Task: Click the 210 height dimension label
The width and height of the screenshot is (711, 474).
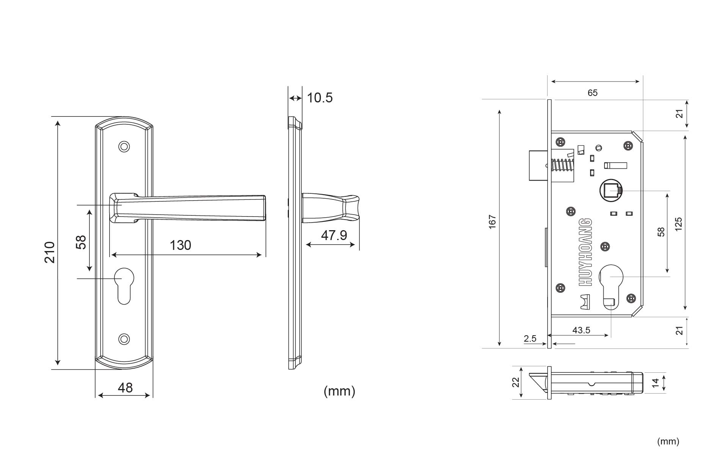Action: [x=50, y=252]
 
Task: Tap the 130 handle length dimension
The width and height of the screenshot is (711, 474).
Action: [x=180, y=245]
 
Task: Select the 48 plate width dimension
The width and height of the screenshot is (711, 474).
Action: [x=125, y=388]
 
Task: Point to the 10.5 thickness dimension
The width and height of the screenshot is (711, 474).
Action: [x=320, y=98]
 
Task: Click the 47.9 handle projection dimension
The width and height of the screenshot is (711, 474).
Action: [x=334, y=235]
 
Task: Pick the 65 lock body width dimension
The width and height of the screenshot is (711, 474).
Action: [x=592, y=93]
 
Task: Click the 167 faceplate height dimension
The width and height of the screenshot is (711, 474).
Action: [x=492, y=222]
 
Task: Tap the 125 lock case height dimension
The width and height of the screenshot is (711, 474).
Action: [x=678, y=224]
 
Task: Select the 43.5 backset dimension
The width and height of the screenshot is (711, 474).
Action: [x=581, y=330]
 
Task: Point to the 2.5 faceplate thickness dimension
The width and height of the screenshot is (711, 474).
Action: [x=530, y=339]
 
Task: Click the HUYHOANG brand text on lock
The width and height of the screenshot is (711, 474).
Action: [x=586, y=252]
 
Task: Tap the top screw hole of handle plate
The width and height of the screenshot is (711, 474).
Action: [x=124, y=147]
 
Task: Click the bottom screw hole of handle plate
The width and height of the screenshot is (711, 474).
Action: [x=124, y=339]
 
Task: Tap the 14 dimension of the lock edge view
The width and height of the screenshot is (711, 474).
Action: [x=656, y=383]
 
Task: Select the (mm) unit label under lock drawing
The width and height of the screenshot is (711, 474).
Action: [x=668, y=441]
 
